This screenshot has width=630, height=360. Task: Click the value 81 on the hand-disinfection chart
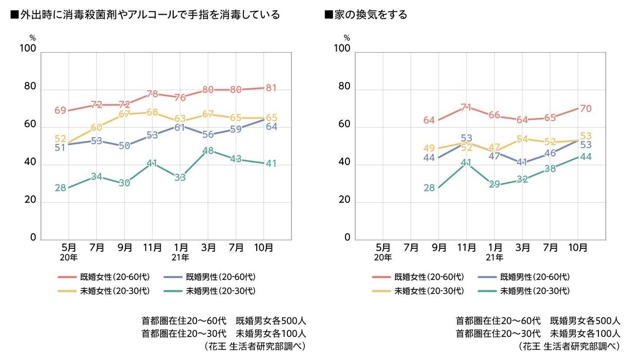point(271,88)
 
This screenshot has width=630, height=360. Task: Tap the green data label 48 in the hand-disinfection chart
point(208,151)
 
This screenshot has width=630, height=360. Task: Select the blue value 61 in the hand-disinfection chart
point(180,128)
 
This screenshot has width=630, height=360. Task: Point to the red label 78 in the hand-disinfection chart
point(152,94)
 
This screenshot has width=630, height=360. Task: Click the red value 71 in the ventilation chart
point(467,107)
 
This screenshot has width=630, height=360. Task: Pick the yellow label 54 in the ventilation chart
point(523,139)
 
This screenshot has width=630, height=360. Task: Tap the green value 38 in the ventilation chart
point(550,169)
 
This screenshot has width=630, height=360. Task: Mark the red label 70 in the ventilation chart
point(586,109)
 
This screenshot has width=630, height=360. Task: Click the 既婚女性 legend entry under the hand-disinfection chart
point(115,277)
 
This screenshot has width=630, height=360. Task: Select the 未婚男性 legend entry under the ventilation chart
point(535,291)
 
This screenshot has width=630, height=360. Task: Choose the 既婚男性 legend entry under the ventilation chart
point(535,277)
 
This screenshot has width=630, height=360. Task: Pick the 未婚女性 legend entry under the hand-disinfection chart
point(115,291)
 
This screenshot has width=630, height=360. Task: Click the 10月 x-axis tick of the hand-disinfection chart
point(264,248)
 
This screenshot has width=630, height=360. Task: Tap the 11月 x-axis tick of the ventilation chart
point(467,248)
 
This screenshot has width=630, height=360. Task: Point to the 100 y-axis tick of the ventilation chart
point(342,49)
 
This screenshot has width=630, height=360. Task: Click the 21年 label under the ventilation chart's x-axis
point(494,257)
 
